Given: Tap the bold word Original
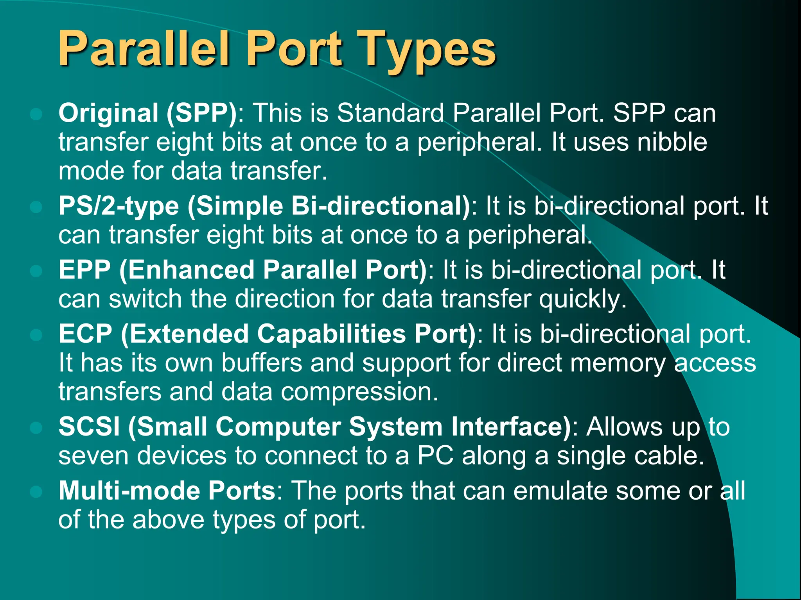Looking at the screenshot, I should tap(108, 113).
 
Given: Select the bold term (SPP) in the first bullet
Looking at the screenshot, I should tap(201, 113).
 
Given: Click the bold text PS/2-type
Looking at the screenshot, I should tap(119, 206).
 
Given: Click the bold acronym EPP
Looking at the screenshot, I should tap(84, 270).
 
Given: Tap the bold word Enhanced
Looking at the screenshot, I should tap(191, 270).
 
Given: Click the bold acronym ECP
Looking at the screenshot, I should tap(85, 334).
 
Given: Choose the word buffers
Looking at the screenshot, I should tap(262, 363).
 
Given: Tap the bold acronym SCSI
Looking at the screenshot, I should tap(89, 426).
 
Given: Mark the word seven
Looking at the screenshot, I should tap(93, 455).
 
